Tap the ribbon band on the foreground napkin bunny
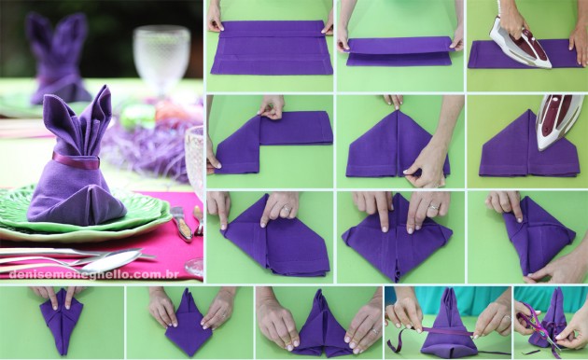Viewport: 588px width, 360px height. pos(76,160)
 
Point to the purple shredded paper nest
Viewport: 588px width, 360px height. pos(149,145)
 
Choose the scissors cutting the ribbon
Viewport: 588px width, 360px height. pos(537,326)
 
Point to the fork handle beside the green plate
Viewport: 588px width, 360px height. pos(177,220)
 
